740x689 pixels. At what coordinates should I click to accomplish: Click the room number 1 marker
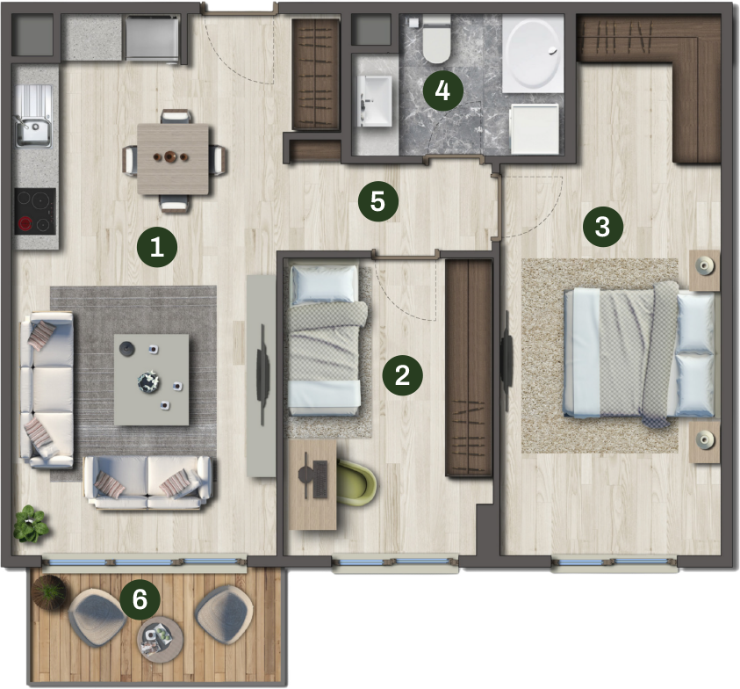click(x=157, y=247)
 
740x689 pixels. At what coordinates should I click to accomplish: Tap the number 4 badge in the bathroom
click(x=442, y=91)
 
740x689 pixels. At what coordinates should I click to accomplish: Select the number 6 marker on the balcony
click(x=140, y=600)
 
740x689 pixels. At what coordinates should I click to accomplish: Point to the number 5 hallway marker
click(x=378, y=202)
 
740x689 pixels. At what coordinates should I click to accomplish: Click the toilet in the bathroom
click(x=436, y=40)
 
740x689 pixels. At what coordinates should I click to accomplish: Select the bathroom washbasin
click(x=375, y=101)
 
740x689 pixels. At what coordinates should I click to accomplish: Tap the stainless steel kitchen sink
click(x=33, y=116)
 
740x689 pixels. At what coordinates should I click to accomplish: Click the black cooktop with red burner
click(x=35, y=211)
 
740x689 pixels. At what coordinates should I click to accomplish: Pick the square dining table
click(x=173, y=159)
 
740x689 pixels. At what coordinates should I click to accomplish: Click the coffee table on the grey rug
click(x=152, y=380)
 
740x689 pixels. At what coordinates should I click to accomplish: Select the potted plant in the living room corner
click(x=30, y=524)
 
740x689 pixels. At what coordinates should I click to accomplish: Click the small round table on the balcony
click(x=160, y=640)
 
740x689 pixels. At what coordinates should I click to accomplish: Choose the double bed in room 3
click(x=639, y=354)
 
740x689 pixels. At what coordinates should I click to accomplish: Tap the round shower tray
click(x=533, y=54)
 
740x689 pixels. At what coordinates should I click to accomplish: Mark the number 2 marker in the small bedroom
click(x=403, y=375)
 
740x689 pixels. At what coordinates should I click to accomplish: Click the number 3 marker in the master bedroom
click(x=603, y=227)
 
